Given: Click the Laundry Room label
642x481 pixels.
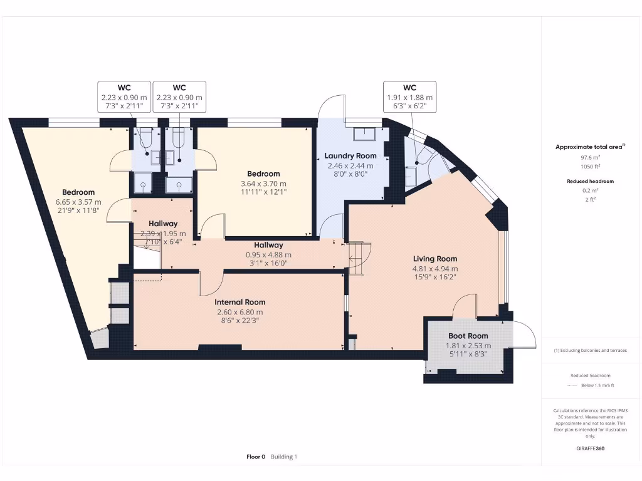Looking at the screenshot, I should [350, 155].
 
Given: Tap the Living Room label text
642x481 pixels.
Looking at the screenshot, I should [434, 259].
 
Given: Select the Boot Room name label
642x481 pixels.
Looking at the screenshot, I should [468, 336].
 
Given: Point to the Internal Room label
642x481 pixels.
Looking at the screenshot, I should [241, 302].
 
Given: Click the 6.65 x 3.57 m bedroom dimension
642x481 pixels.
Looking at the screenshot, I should [78, 202].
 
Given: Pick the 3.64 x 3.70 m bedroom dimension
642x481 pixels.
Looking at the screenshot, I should [263, 184].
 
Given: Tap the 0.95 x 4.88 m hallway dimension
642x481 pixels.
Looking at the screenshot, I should [268, 255].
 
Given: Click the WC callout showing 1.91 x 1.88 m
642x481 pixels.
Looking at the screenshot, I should [409, 98].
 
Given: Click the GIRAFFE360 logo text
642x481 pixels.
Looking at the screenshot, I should [591, 448].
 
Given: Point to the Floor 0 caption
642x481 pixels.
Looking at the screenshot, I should [256, 457].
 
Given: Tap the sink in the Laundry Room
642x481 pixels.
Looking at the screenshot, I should [364, 133].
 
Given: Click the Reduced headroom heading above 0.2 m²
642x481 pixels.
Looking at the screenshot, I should [591, 181].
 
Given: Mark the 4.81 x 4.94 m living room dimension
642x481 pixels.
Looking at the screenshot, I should [434, 269].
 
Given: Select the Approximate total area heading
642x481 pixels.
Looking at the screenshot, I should [589, 147].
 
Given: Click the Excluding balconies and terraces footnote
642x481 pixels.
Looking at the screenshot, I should [591, 351].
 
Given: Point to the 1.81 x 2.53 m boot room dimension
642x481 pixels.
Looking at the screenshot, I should [468, 345].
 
